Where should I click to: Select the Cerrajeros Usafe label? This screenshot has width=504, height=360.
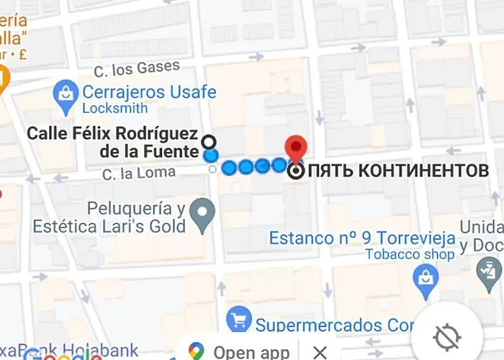(149, 93)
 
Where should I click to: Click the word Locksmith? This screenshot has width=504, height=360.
(115, 109)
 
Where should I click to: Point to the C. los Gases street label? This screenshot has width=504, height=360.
(137, 69)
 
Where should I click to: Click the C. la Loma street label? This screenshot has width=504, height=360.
(138, 173)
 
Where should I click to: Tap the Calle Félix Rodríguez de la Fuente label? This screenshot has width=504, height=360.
(113, 142)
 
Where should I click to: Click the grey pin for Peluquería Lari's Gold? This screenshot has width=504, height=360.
(205, 215)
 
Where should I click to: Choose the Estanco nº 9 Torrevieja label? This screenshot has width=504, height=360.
(362, 238)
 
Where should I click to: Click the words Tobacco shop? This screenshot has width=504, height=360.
(410, 254)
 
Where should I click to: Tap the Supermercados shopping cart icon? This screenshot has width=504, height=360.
(238, 320)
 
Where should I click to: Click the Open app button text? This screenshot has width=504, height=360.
(251, 352)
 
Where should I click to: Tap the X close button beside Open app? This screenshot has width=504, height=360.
(320, 352)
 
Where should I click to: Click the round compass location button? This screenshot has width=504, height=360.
(446, 336)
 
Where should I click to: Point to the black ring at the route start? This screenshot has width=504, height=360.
(209, 141)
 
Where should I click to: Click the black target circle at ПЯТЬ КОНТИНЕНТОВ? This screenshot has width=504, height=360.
(296, 171)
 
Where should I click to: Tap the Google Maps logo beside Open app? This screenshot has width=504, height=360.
(197, 351)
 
